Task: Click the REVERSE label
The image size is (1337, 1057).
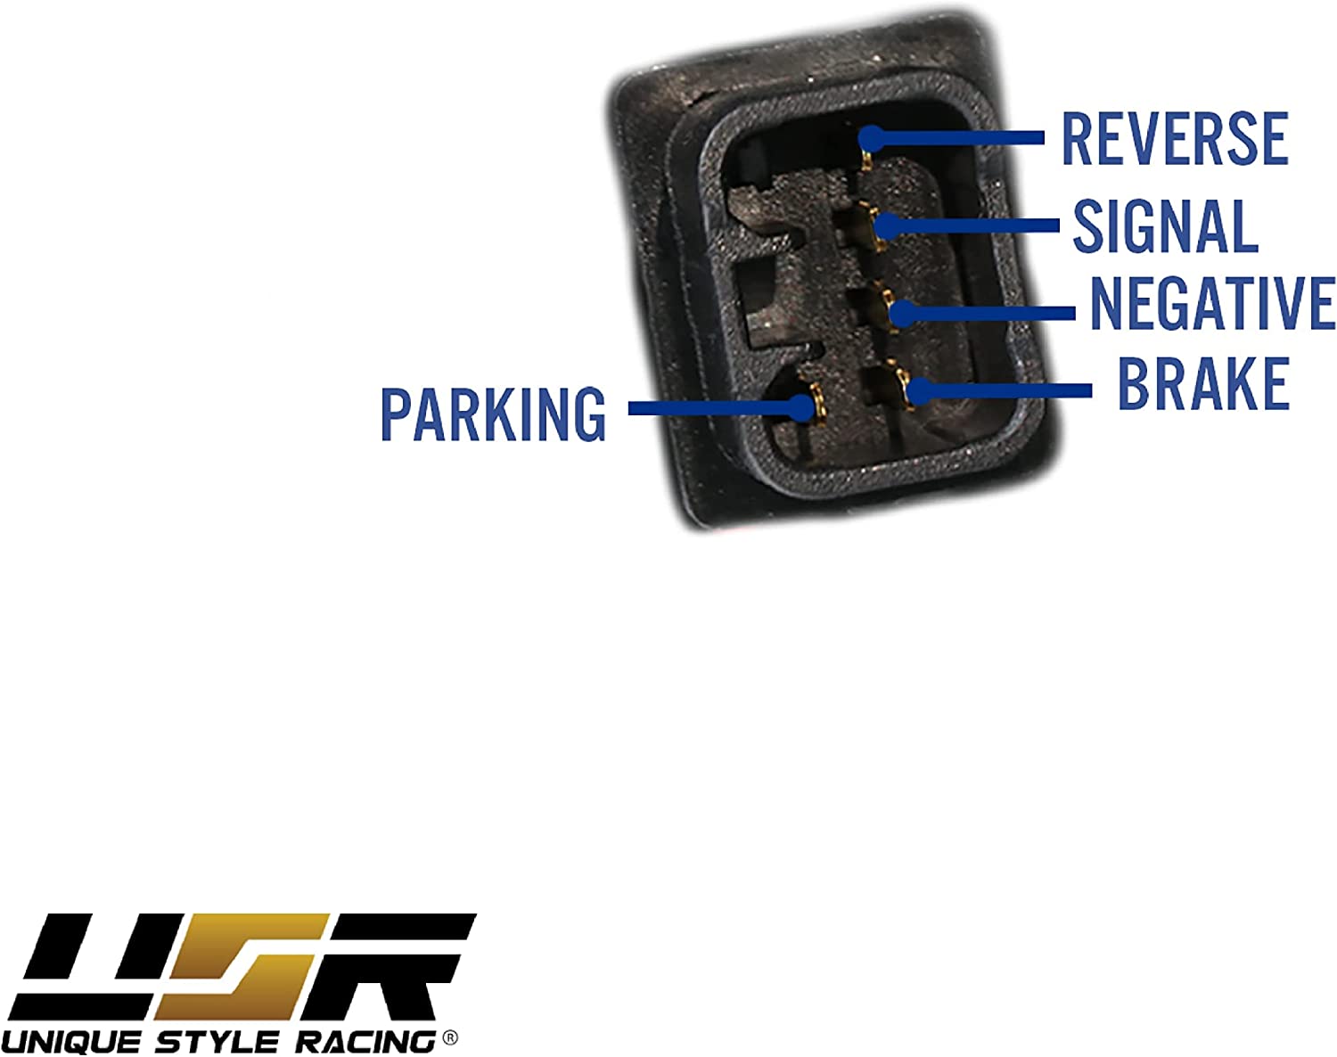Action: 1175,139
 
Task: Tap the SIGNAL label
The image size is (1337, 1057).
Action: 1165,226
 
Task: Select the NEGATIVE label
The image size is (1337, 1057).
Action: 1212,303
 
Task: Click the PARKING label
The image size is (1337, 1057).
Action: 493,414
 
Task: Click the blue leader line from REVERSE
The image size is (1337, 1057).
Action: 963,138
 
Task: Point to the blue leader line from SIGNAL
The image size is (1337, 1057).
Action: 972,225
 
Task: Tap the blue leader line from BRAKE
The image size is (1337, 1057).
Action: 1007,390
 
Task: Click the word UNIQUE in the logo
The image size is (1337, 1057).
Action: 71,1042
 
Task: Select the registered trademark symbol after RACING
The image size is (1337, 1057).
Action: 450,1037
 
